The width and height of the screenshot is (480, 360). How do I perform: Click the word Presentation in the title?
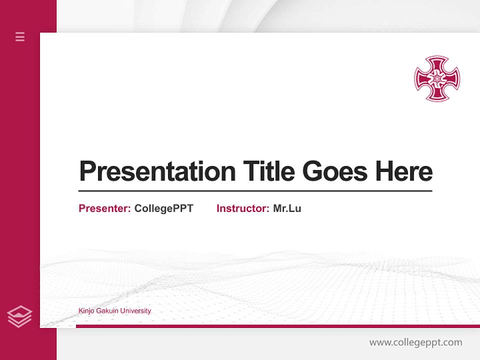click(x=157, y=171)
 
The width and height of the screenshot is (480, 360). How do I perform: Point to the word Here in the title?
click(x=404, y=171)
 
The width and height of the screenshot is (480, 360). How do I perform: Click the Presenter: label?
click(x=104, y=208)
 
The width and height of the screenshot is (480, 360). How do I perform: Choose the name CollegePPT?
click(x=163, y=208)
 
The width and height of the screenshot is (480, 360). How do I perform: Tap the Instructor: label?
click(x=242, y=208)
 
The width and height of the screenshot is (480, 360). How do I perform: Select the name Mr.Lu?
click(x=287, y=208)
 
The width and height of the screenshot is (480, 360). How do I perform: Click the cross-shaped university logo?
click(x=436, y=78)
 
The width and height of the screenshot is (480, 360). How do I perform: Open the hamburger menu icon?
click(x=20, y=36)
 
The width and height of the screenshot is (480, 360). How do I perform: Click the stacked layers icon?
click(x=19, y=316)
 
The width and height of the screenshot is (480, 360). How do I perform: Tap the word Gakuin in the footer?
click(x=108, y=311)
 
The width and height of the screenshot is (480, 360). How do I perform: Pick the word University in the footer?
click(x=136, y=311)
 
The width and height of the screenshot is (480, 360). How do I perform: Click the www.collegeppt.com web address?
click(x=415, y=342)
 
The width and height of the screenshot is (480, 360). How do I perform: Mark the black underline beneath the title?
click(x=255, y=191)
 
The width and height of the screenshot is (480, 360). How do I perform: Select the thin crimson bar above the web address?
click(x=277, y=326)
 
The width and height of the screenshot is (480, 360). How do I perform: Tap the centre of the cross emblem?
click(x=436, y=78)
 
